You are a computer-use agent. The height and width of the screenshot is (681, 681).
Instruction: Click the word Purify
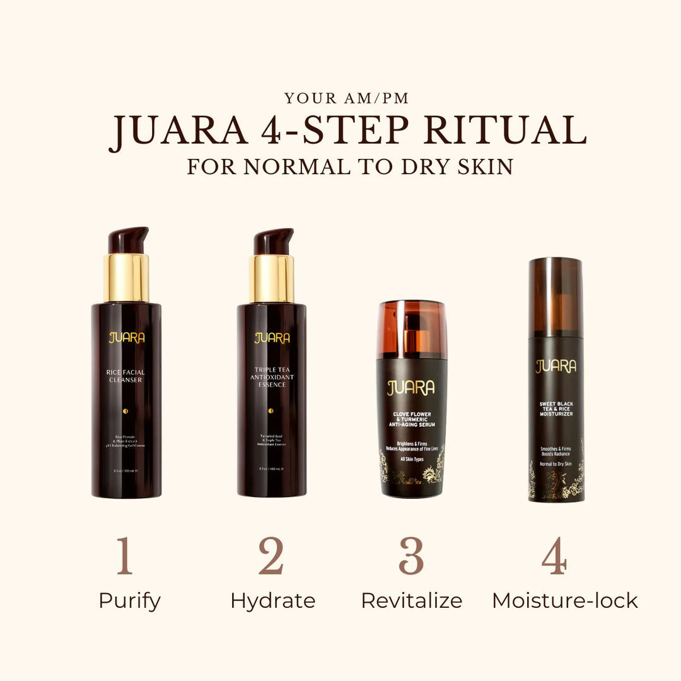coord(129,601)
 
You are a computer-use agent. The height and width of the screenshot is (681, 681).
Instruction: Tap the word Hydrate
coord(272,601)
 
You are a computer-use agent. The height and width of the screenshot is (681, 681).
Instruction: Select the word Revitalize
coord(411,601)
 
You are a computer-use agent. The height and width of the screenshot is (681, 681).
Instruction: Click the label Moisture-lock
coord(565,601)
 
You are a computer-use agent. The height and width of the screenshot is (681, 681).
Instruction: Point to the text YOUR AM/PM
coord(346,98)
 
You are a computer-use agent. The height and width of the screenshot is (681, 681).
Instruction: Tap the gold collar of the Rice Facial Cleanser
coord(126,277)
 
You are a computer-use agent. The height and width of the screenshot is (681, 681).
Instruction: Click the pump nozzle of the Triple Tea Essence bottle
coord(273,241)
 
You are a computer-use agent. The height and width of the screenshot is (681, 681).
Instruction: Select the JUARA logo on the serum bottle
coord(411,388)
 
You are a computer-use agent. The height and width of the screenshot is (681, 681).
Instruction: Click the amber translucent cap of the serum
coord(412,329)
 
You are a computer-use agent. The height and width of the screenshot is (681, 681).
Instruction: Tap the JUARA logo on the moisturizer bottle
coord(556,366)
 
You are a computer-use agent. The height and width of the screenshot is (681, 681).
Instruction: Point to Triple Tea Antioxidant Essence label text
coord(272,377)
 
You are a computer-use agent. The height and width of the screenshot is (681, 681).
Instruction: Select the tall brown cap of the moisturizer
coord(556,296)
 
